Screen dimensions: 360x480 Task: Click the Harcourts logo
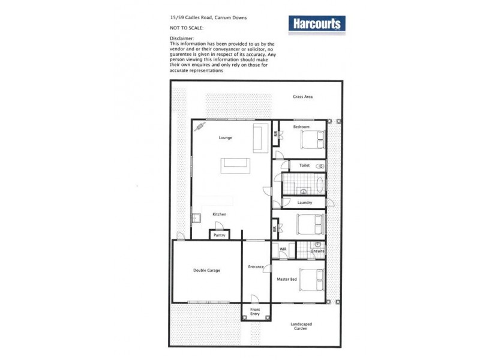pos(317,24)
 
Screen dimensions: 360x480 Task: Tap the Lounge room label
pos(226,138)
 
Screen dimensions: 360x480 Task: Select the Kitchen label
pos(219,214)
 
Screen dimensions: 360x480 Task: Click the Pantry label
pos(219,235)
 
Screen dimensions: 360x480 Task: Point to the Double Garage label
pos(206,271)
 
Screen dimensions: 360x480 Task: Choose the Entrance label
pos(256,266)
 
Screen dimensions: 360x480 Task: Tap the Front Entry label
pos(255,311)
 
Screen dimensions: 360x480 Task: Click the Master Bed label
pos(287,279)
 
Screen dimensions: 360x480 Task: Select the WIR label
pos(283,249)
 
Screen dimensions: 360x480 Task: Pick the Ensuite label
pos(318,251)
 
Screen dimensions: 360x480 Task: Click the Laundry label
pos(304,203)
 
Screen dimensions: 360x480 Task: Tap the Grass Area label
pos(302,97)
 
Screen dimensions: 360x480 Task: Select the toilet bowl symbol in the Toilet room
pos(320,165)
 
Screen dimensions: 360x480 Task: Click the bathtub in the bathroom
pos(319,184)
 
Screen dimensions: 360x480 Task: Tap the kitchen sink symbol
pos(196,217)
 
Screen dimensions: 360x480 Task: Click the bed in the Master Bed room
pos(312,279)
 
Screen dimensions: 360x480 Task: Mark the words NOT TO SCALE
pos(187,28)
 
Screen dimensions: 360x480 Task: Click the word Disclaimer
pos(183,38)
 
